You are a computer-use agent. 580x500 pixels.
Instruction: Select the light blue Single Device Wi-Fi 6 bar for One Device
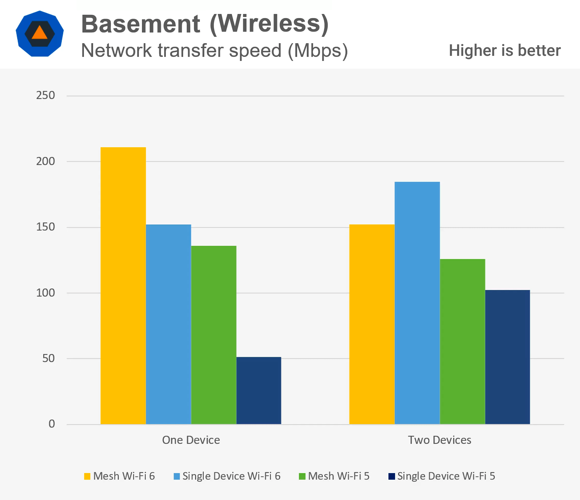point(168,324)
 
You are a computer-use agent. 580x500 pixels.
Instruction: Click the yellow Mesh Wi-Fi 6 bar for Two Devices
point(372,324)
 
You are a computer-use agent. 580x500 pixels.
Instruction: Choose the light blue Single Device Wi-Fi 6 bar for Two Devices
point(417,303)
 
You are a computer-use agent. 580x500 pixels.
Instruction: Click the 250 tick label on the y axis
point(45,95)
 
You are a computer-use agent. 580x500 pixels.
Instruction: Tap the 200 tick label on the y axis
point(45,161)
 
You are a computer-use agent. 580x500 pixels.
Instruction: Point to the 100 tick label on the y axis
point(45,293)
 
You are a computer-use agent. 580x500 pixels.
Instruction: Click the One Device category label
point(191,440)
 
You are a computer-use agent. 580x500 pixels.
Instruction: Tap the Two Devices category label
point(440,440)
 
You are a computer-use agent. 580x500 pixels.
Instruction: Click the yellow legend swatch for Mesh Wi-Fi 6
point(87,476)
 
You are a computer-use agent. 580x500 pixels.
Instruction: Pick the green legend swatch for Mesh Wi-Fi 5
point(302,476)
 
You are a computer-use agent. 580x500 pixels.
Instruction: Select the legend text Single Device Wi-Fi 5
point(446,476)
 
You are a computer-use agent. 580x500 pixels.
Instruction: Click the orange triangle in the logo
point(39,33)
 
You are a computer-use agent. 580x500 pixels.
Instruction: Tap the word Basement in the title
point(140,24)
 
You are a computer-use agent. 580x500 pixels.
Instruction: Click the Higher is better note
point(505,51)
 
